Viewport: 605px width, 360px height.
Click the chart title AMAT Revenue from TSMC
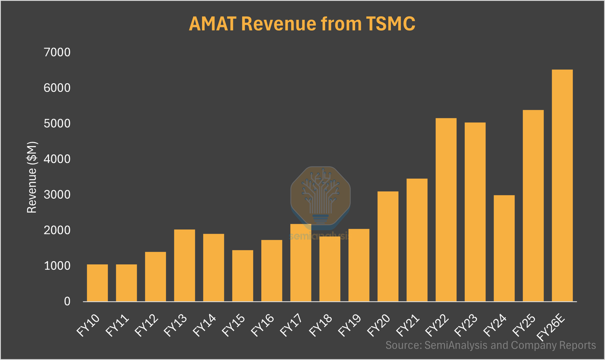pos(302,24)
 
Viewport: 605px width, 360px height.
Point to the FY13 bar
pos(185,265)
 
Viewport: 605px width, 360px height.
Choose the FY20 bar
pos(388,247)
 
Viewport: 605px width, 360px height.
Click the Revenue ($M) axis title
pos(32,177)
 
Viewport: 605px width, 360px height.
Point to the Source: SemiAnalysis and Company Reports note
pos(491,346)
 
